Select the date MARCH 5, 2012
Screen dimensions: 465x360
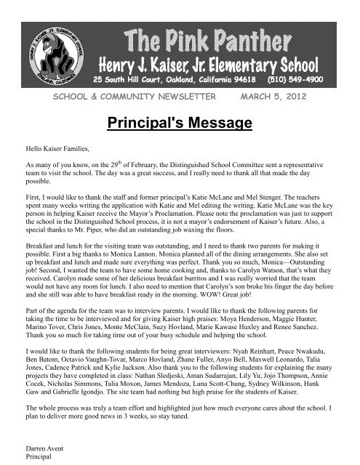click(x=287, y=96)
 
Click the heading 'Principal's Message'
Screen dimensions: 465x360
click(x=180, y=124)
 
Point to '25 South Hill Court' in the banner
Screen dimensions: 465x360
click(x=128, y=76)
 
